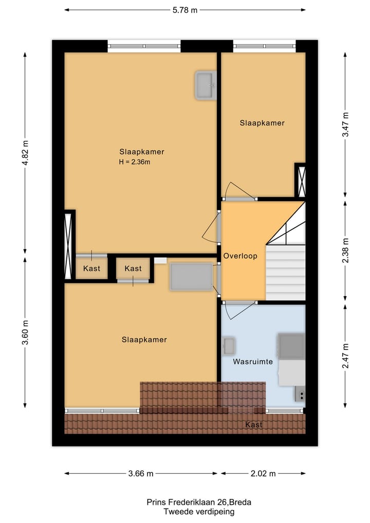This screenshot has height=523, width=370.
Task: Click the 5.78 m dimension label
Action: tap(184, 9)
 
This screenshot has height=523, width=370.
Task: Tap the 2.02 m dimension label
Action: tap(263, 473)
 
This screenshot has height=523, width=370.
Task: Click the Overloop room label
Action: tap(240, 256)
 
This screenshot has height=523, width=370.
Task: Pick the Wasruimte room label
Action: tap(252, 362)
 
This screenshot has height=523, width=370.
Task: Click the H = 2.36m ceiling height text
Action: tap(134, 162)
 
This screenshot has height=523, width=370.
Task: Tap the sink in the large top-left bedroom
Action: tap(205, 85)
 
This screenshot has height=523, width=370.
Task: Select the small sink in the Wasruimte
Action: tap(229, 346)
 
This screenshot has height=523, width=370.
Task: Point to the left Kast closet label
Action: tap(91, 268)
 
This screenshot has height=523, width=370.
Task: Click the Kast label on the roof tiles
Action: tap(254, 425)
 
